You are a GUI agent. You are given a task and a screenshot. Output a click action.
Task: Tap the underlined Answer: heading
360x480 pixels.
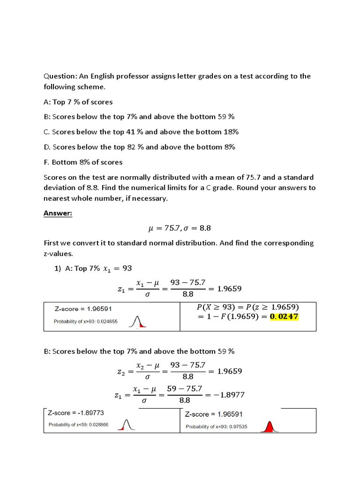point(58,213)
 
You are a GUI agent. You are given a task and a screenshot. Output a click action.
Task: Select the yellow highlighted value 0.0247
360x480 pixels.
point(282,317)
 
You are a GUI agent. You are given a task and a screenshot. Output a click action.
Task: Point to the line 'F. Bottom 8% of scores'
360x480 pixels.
point(83,162)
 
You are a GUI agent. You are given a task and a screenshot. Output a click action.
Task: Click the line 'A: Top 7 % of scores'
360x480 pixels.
point(78,102)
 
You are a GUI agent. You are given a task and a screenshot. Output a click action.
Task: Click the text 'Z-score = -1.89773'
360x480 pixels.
point(76,413)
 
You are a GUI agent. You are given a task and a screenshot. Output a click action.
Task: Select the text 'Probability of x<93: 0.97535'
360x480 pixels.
point(216,427)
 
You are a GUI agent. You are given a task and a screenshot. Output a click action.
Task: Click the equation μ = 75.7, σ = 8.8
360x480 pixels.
point(180,228)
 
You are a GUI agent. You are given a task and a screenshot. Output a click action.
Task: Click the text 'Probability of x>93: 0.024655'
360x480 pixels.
point(86,322)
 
